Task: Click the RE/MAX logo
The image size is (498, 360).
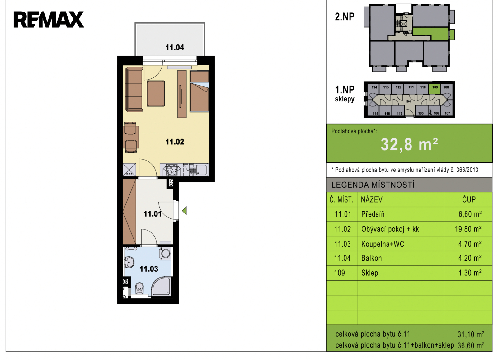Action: pyautogui.click(x=49, y=20)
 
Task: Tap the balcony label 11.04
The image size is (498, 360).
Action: pyautogui.click(x=175, y=48)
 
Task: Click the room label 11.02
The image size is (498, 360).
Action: pyautogui.click(x=175, y=142)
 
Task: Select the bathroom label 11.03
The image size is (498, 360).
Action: pyautogui.click(x=149, y=269)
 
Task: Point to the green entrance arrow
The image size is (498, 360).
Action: pyautogui.click(x=184, y=211)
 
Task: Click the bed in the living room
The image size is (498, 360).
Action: pyautogui.click(x=200, y=91)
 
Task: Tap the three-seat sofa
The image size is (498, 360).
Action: pyautogui.click(x=134, y=89)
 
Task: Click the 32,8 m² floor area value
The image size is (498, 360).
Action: pyautogui.click(x=409, y=144)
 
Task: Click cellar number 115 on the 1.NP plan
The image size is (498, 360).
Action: pyautogui.click(x=375, y=113)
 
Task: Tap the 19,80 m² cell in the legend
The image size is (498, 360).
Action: pyautogui.click(x=468, y=229)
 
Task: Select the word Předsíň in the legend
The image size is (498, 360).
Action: pyautogui.click(x=373, y=214)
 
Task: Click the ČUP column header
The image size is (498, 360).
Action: pyautogui.click(x=469, y=199)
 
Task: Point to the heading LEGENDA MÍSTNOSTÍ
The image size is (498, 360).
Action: pyautogui.click(x=373, y=185)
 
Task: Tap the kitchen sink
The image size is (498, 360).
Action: pyautogui.click(x=201, y=170)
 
